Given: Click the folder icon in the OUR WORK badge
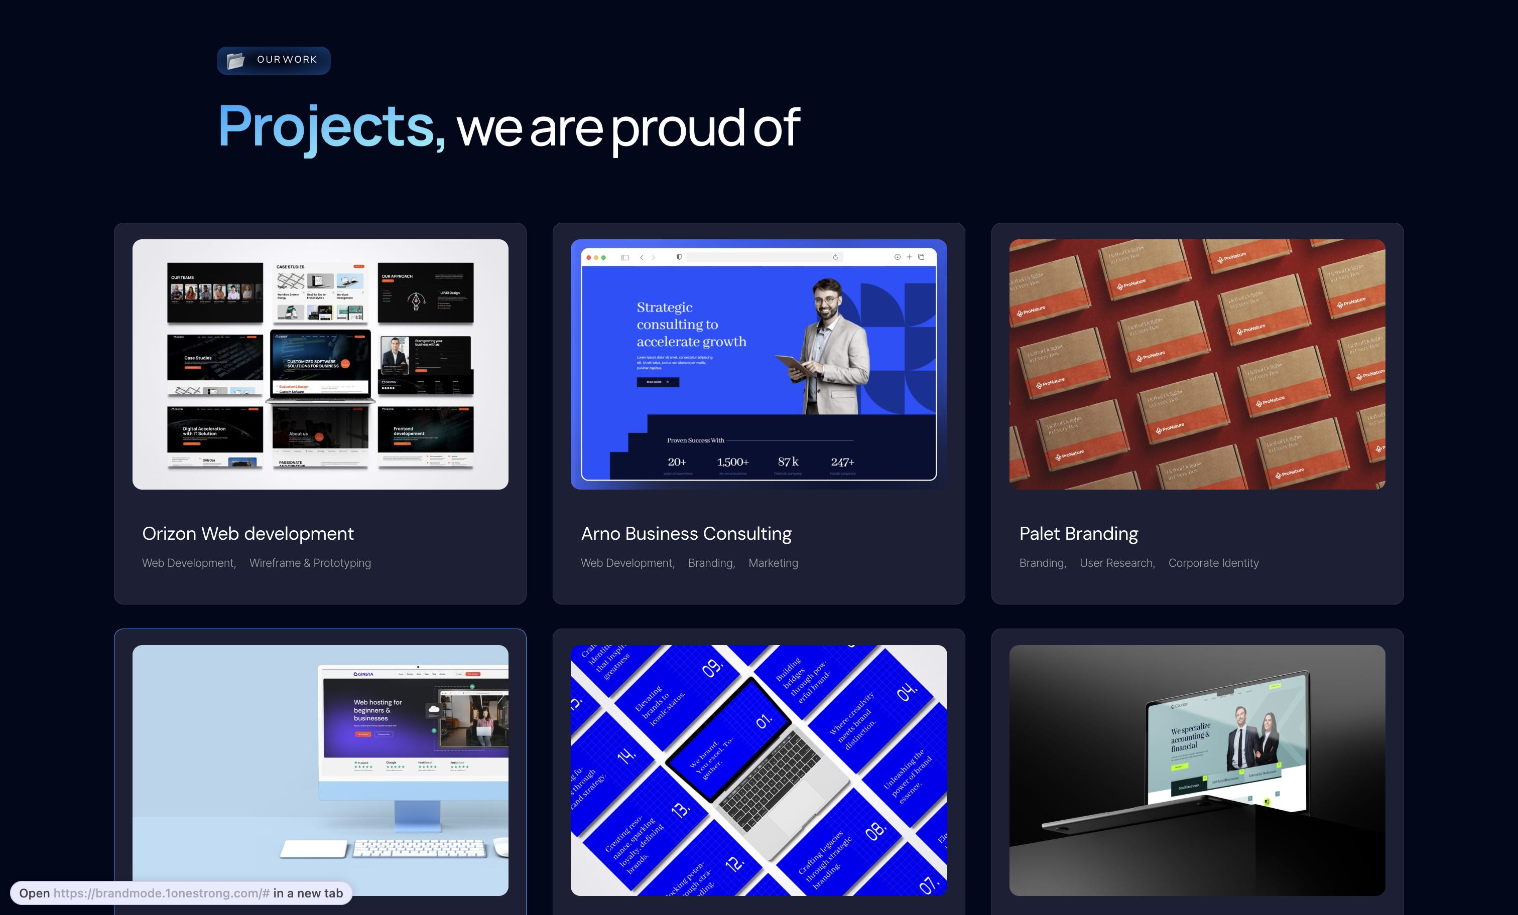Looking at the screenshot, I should pyautogui.click(x=235, y=60).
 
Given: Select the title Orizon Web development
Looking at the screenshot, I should pyautogui.click(x=247, y=533).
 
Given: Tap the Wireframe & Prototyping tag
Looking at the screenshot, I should pyautogui.click(x=310, y=563).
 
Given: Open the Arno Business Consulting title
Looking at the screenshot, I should pyautogui.click(x=686, y=533).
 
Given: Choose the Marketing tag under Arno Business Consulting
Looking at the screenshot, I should pyautogui.click(x=773, y=563).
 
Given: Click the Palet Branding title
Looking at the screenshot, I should pyautogui.click(x=1078, y=533).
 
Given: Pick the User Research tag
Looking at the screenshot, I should pyautogui.click(x=1116, y=563).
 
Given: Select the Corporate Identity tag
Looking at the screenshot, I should pyautogui.click(x=1213, y=563).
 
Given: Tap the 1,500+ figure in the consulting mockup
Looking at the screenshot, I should pyautogui.click(x=732, y=462).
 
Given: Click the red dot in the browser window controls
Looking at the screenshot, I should pyautogui.click(x=588, y=257).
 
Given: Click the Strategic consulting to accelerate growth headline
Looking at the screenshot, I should pyautogui.click(x=691, y=325).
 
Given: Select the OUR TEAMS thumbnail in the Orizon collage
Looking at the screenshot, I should pyautogui.click(x=215, y=292).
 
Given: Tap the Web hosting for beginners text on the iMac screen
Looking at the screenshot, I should pyautogui.click(x=377, y=710).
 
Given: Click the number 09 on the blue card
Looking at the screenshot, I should pyautogui.click(x=712, y=668).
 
